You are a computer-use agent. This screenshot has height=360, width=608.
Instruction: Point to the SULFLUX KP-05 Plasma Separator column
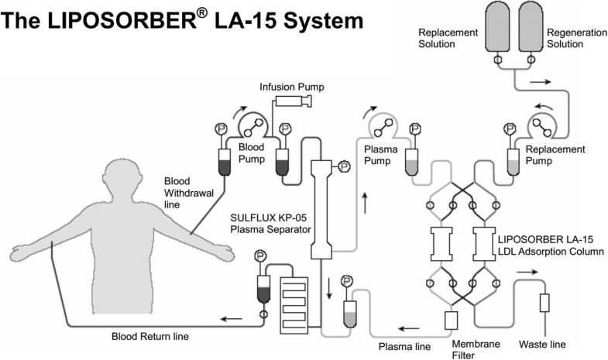pyautogui.click(x=321, y=209)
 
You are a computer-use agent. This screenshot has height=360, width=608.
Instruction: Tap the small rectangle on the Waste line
pyautogui.click(x=544, y=303)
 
